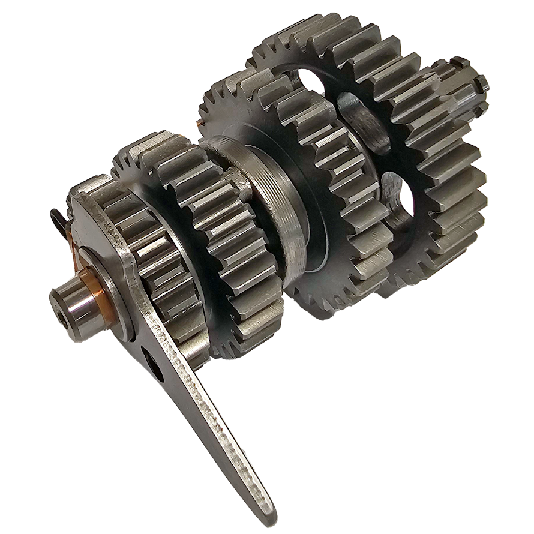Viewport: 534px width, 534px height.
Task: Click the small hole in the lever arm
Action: click(157, 368)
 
